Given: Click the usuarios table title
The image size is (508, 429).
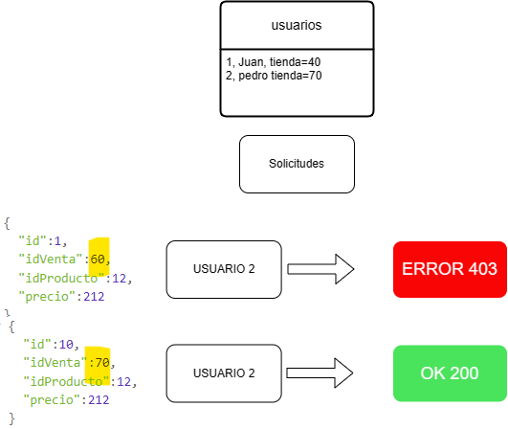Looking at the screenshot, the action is (297, 25).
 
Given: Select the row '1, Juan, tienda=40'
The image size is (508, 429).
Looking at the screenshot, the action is (274, 62).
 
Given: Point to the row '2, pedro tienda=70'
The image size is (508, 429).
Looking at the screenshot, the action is (274, 76).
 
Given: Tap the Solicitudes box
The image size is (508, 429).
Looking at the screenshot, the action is (297, 164).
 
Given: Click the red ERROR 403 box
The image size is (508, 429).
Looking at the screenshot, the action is (450, 269).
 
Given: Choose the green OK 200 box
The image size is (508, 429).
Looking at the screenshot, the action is (450, 373).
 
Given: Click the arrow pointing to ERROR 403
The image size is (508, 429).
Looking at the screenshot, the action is (320, 269).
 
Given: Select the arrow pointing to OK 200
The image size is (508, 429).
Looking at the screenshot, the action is (320, 373).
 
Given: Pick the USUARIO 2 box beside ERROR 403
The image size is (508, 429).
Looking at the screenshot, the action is (224, 269).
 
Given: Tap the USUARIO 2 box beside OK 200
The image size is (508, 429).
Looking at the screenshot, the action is (224, 373).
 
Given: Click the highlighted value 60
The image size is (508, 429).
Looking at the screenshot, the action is (98, 260).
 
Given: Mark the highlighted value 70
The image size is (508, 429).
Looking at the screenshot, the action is (102, 363).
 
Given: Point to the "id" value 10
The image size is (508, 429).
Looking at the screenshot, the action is (66, 345).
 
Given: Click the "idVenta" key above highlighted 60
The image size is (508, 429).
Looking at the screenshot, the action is (51, 260).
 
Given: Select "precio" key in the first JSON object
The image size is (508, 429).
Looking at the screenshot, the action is (44, 297).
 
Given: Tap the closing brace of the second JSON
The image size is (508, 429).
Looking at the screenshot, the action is (12, 418).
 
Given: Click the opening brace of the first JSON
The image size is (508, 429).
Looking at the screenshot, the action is (7, 223).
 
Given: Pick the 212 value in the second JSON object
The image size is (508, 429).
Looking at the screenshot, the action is (99, 400).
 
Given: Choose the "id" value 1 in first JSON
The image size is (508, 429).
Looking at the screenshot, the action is (57, 241).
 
